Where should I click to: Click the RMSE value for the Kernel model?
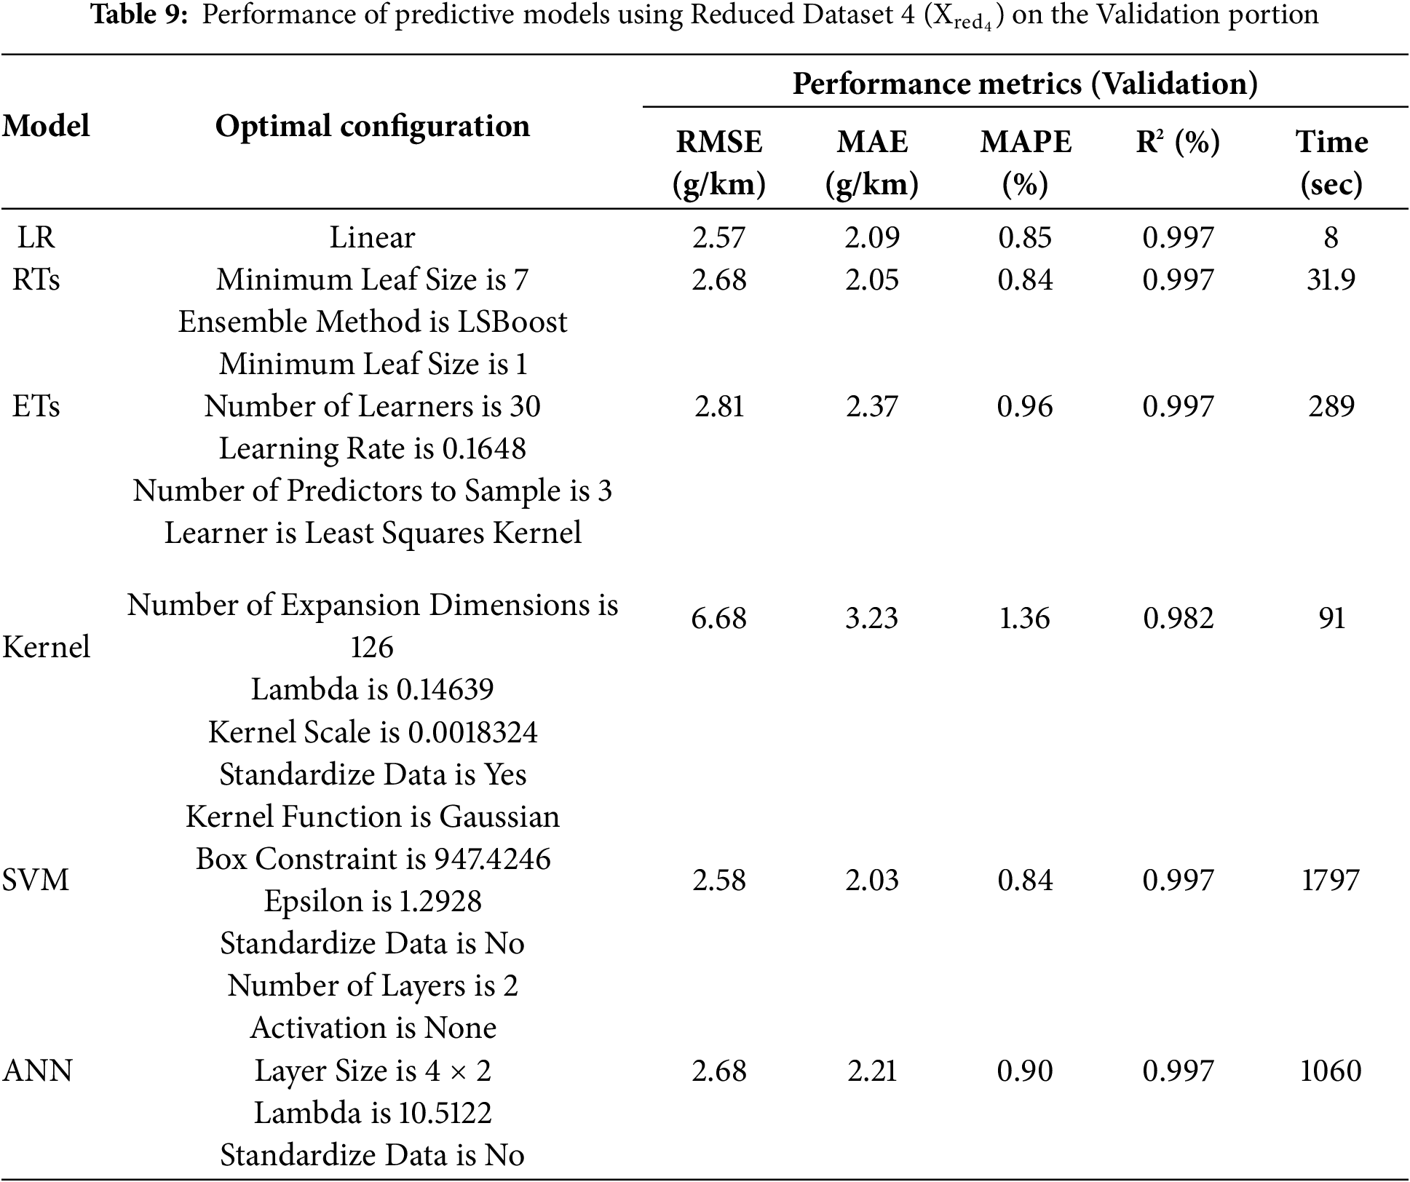[719, 618]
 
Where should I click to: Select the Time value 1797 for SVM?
[1330, 880]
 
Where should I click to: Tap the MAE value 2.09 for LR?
[872, 237]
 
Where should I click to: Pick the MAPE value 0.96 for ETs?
[1025, 406]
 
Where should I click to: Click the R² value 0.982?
[1178, 618]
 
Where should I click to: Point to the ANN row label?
[38, 1071]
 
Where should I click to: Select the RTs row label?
[36, 279]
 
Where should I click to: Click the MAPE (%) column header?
[1026, 162]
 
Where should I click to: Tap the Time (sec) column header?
[1331, 162]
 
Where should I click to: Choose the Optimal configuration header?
[372, 126]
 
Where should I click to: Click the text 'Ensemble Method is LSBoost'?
[372, 322]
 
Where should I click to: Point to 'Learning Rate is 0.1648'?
[372, 448]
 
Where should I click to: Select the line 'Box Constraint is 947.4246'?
[373, 859]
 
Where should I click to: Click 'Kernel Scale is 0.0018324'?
[373, 732]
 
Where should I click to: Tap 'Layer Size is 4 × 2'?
[373, 1071]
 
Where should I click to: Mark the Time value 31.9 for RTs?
[1331, 279]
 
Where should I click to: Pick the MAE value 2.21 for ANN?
[872, 1071]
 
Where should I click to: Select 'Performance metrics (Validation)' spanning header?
[1025, 84]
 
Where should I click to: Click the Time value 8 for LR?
[1331, 237]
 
